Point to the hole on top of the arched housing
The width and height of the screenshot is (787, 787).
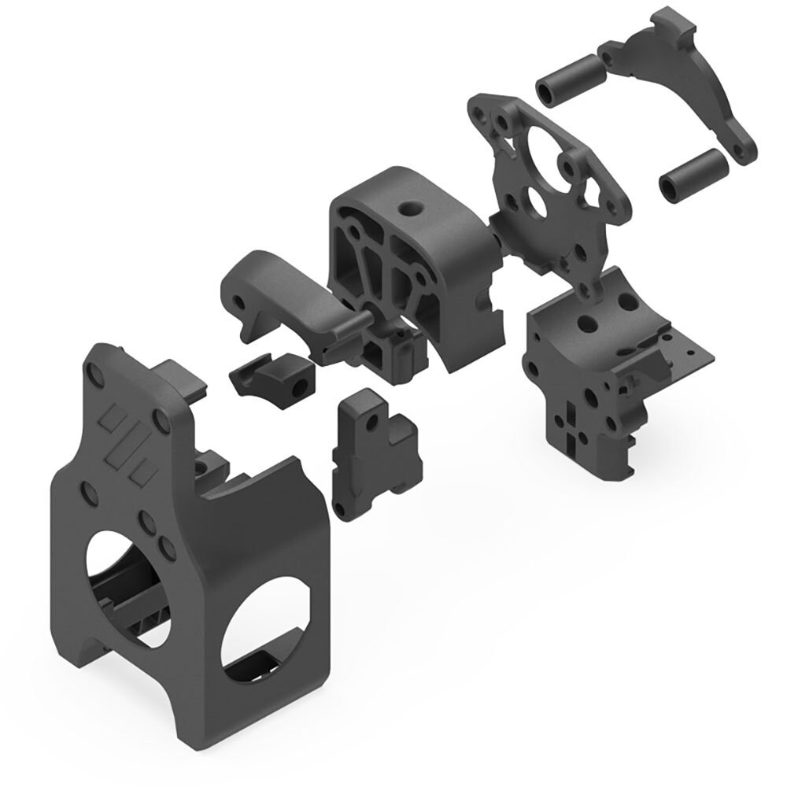(x=408, y=209)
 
